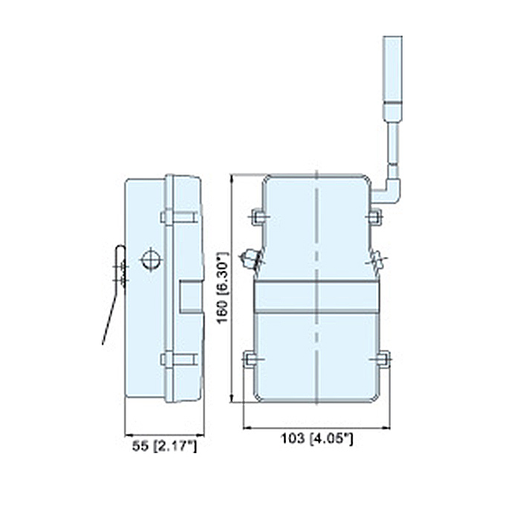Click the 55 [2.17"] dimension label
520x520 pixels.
pos(164,446)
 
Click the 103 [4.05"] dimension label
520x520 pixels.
pos(317,438)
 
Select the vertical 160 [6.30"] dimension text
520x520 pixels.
pos(223,287)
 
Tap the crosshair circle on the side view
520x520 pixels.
pos(151,260)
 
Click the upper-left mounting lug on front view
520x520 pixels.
pos(259,217)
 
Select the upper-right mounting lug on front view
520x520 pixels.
pos(375,217)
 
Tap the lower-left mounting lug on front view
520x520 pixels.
pos(250,359)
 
